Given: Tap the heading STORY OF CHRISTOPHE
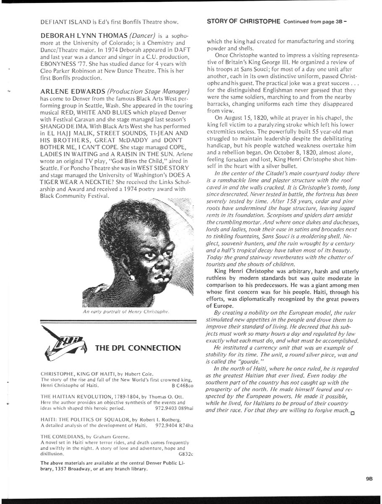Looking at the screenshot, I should pyautogui.click(x=244, y=21).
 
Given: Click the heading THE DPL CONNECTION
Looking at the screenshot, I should pyautogui.click(x=138, y=348).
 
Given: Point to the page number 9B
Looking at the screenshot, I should pyautogui.click(x=364, y=478).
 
